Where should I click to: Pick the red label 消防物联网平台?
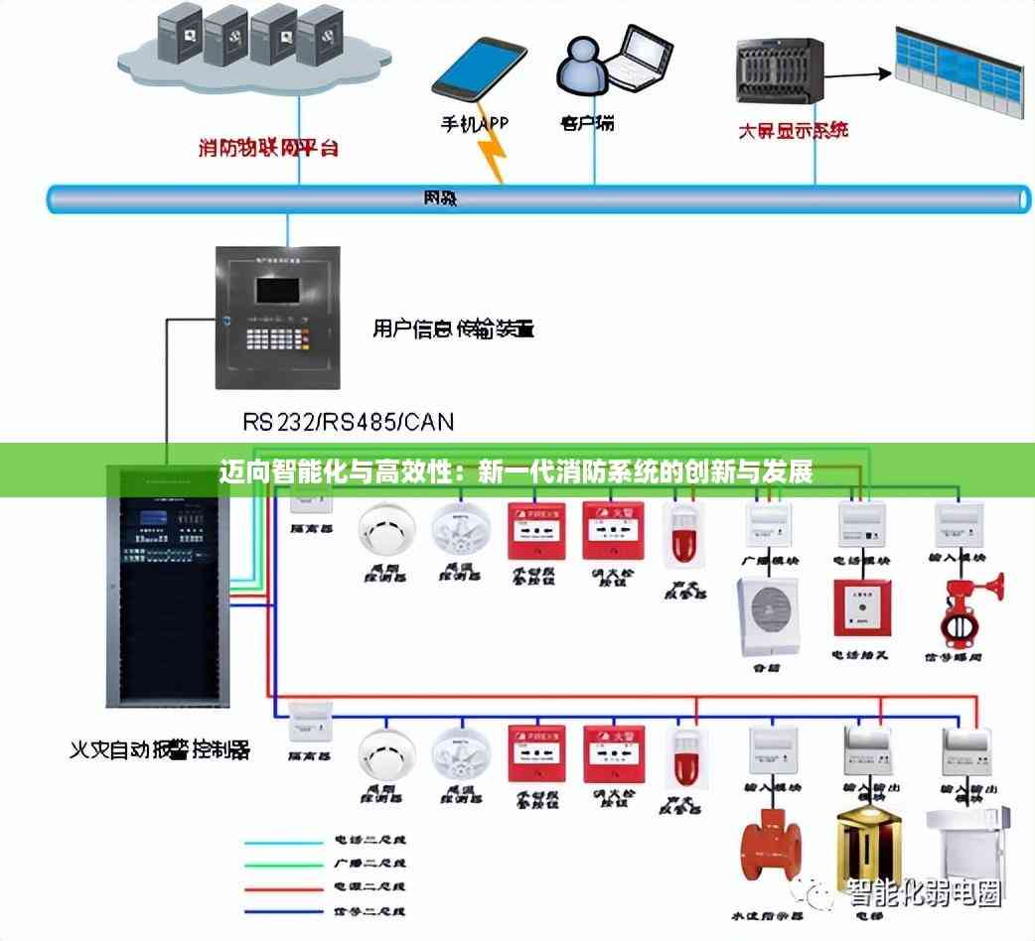pyautogui.click(x=268, y=149)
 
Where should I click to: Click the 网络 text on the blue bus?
pyautogui.click(x=440, y=198)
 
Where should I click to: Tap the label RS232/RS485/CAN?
pyautogui.click(x=348, y=422)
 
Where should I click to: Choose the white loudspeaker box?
pyautogui.click(x=766, y=616)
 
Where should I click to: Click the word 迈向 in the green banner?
pyautogui.click(x=242, y=471)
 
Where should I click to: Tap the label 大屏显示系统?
pyautogui.click(x=793, y=130)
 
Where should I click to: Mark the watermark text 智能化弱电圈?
pyautogui.click(x=924, y=893)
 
